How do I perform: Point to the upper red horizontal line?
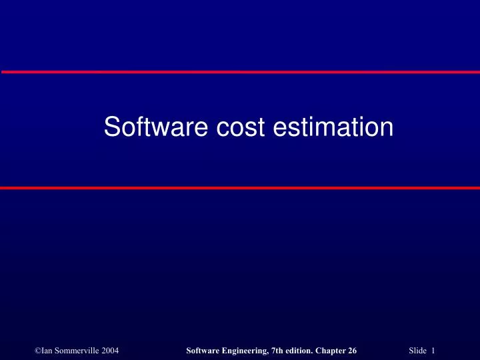pos(240,71)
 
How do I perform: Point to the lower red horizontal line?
pos(240,188)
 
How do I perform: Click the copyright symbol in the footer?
pos(37,333)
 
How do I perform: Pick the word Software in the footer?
pos(204,333)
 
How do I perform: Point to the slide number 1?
pos(433,333)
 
